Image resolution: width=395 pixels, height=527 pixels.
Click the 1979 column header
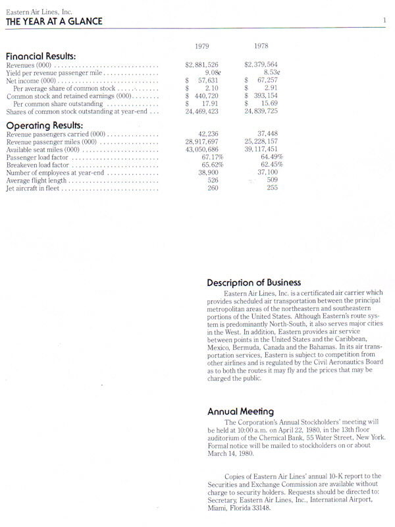pyautogui.click(x=203, y=46)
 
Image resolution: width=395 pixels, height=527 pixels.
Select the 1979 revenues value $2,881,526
pyautogui.click(x=201, y=65)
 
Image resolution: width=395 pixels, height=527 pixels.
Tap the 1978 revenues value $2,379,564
pyautogui.click(x=261, y=65)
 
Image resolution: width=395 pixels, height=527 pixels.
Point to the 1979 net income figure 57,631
pyautogui.click(x=207, y=80)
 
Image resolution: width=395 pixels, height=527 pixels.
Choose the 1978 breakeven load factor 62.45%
pyautogui.click(x=271, y=165)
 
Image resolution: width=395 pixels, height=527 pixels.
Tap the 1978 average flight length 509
pyautogui.click(x=273, y=179)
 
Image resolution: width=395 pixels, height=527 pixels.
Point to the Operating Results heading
pyautogui.click(x=44, y=125)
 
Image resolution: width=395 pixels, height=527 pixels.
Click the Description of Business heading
pyautogui.click(x=254, y=283)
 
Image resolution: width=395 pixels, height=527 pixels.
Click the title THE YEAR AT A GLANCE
pyautogui.click(x=54, y=21)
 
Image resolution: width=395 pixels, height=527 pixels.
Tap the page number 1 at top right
pyautogui.click(x=384, y=20)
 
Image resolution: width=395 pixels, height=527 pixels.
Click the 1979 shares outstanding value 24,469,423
pyautogui.click(x=202, y=111)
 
